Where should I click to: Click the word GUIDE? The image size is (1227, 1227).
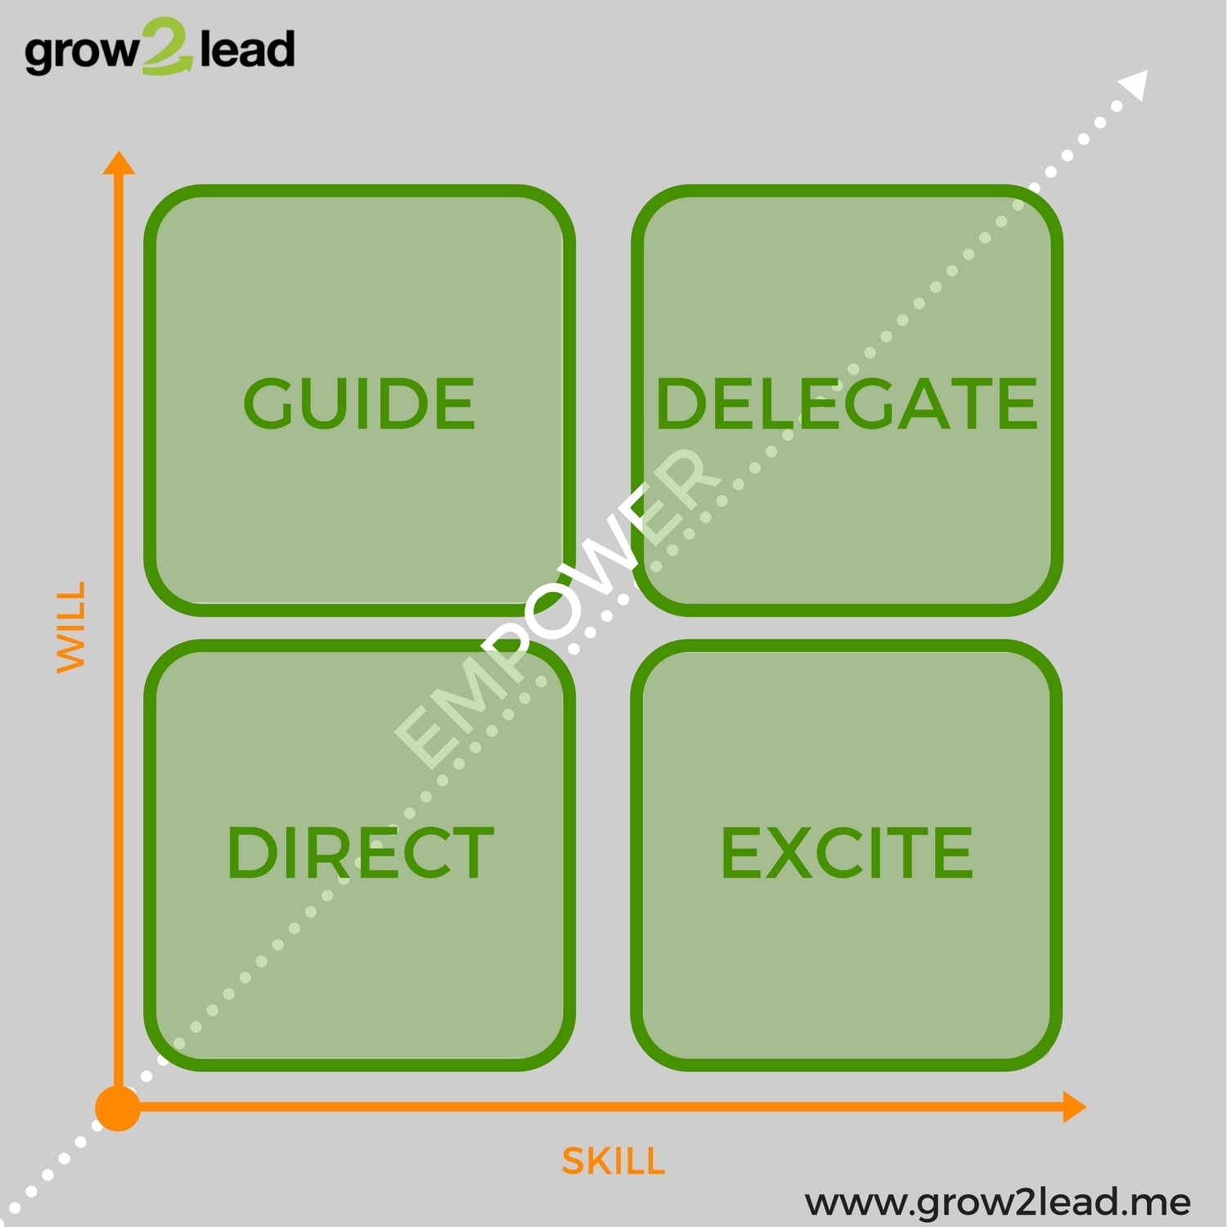[359, 403]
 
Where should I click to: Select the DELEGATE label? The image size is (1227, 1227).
[847, 403]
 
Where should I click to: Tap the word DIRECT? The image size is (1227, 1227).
[360, 853]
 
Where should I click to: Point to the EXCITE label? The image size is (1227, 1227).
[847, 853]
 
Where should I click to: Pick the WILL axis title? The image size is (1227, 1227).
[71, 627]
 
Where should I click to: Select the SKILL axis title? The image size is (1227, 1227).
[613, 1162]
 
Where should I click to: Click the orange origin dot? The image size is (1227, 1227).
[118, 1108]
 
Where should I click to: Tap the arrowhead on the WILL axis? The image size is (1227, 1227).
[119, 164]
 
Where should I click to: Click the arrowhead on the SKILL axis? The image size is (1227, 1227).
[1074, 1108]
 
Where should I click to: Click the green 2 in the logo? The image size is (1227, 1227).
[168, 47]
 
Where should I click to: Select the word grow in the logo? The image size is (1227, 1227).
[82, 53]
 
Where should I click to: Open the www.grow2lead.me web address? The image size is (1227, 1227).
[998, 1203]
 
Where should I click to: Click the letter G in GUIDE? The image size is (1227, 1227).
[270, 403]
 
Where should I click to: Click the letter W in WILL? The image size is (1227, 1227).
[71, 655]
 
